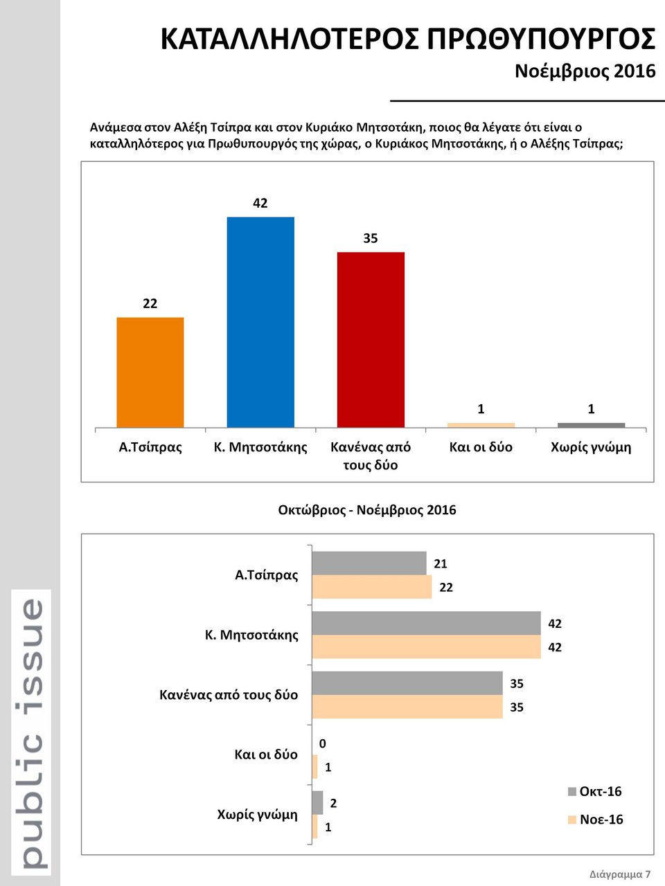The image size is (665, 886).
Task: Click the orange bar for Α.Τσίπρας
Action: pyautogui.click(x=150, y=372)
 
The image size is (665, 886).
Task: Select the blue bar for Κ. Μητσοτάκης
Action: pyautogui.click(x=260, y=322)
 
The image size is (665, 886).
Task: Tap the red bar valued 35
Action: pyautogui.click(x=371, y=339)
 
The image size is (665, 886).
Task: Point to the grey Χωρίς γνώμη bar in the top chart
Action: pyautogui.click(x=591, y=425)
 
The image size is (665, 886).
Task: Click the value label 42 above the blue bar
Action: pyautogui.click(x=260, y=203)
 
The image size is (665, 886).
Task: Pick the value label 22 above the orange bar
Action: pyautogui.click(x=150, y=303)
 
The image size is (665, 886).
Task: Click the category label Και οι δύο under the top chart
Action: pyautogui.click(x=481, y=447)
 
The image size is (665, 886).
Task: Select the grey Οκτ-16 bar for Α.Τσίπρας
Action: pyautogui.click(x=369, y=563)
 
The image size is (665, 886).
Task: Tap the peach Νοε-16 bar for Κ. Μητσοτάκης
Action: pyautogui.click(x=426, y=647)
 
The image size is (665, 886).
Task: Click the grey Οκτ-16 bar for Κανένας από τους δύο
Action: pyautogui.click(x=407, y=683)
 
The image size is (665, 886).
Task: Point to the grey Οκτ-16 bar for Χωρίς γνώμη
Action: pyautogui.click(x=318, y=802)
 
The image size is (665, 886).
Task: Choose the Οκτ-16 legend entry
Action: pyautogui.click(x=594, y=791)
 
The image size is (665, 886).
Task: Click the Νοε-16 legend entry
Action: pyautogui.click(x=594, y=820)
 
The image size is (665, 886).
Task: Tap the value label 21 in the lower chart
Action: pyautogui.click(x=441, y=563)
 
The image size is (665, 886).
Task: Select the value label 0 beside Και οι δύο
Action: pyautogui.click(x=322, y=743)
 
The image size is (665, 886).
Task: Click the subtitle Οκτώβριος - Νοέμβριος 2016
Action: pyautogui.click(x=367, y=510)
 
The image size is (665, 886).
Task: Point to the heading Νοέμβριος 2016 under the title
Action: pyautogui.click(x=585, y=71)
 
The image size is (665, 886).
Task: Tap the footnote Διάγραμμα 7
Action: pyautogui.click(x=620, y=874)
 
